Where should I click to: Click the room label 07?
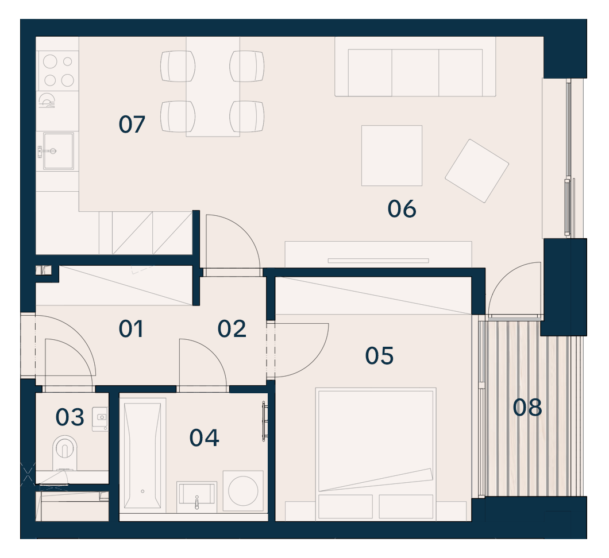click(x=132, y=125)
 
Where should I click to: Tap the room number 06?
click(x=402, y=209)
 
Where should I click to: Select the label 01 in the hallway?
click(x=131, y=329)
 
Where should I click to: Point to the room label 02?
click(x=232, y=329)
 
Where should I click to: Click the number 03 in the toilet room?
click(x=70, y=417)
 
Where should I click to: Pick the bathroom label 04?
click(x=204, y=437)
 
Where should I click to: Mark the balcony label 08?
click(x=527, y=408)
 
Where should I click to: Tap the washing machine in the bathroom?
click(x=243, y=491)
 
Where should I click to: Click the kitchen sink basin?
click(x=58, y=152)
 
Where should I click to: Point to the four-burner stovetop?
click(x=58, y=71)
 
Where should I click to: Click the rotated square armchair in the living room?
click(x=477, y=170)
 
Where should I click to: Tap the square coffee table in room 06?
click(x=391, y=155)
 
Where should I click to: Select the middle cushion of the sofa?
click(x=415, y=72)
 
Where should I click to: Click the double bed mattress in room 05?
click(x=376, y=441)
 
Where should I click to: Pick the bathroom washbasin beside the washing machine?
click(x=196, y=498)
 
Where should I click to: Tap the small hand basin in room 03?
click(x=100, y=419)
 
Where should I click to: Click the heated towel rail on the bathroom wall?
click(x=264, y=421)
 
